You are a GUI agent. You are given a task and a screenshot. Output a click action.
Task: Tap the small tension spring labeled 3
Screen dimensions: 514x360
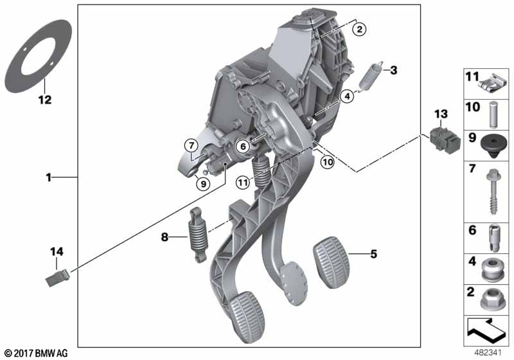pyautogui.click(x=371, y=76)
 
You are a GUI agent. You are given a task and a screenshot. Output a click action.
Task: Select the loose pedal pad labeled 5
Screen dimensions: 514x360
pyautogui.click(x=332, y=262)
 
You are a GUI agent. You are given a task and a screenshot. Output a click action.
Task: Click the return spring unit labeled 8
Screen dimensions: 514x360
pyautogui.click(x=198, y=235)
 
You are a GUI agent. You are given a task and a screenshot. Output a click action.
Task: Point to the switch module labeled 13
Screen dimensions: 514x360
pyautogui.click(x=445, y=139)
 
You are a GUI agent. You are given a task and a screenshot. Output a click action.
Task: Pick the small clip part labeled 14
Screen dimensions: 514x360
pyautogui.click(x=57, y=278)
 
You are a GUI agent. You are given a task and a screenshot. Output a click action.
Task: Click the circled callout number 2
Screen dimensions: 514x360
pyautogui.click(x=359, y=30)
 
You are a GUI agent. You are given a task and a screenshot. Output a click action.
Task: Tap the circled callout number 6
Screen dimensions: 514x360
pyautogui.click(x=243, y=146)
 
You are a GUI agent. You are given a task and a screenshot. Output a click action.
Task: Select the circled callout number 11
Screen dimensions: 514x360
pyautogui.click(x=243, y=183)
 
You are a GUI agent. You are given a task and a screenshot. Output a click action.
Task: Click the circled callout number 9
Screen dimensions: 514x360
pyautogui.click(x=203, y=184)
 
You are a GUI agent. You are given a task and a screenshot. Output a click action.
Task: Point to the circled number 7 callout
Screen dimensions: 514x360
pyautogui.click(x=191, y=145)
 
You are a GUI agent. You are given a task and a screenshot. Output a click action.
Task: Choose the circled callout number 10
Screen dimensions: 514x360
pyautogui.click(x=328, y=162)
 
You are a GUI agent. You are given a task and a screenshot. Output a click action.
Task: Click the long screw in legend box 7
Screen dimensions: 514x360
pyautogui.click(x=493, y=192)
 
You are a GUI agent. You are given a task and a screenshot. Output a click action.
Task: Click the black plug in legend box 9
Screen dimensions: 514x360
pyautogui.click(x=493, y=146)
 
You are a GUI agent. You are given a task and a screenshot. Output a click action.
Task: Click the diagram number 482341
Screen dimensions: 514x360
pyautogui.click(x=488, y=353)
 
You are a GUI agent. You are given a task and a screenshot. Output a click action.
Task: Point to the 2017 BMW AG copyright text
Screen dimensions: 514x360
pyautogui.click(x=37, y=353)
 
